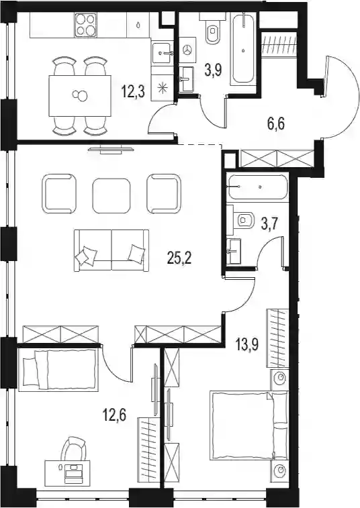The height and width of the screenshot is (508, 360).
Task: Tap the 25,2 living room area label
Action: click(179, 258)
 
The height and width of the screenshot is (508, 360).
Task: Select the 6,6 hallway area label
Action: click(276, 123)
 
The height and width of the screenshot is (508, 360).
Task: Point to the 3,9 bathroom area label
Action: click(213, 70)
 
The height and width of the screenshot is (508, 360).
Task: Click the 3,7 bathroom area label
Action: click(270, 223)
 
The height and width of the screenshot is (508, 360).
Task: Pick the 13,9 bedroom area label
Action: click(247, 346)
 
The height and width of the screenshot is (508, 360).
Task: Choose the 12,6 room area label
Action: click(114, 414)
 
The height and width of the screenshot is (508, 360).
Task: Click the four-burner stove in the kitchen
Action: click(85, 25)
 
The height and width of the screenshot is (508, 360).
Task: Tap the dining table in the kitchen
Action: click(80, 96)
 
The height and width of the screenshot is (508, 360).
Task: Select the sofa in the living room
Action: click(111, 250)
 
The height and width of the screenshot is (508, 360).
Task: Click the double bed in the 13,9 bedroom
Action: click(249, 425)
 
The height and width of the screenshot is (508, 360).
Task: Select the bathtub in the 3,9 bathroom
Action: click(243, 49)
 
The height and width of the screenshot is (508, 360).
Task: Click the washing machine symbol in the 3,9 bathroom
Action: click(187, 50)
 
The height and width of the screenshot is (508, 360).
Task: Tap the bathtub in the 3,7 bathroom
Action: click(257, 187)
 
